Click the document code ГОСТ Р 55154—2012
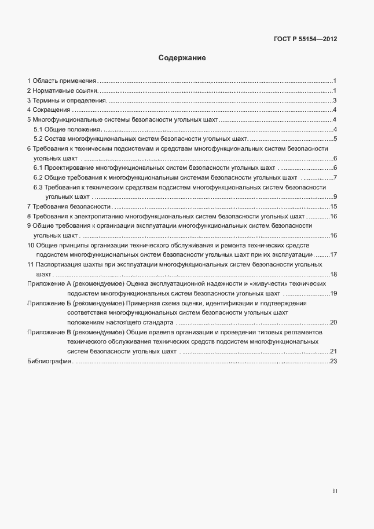coord(305,39)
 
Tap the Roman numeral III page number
coord(335,491)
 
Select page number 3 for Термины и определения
coord(335,100)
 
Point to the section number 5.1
coord(38,129)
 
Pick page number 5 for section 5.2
coord(335,138)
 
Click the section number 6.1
coord(38,167)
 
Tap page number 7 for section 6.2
coord(335,177)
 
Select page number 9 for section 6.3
coord(335,197)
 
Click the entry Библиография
coord(49,362)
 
